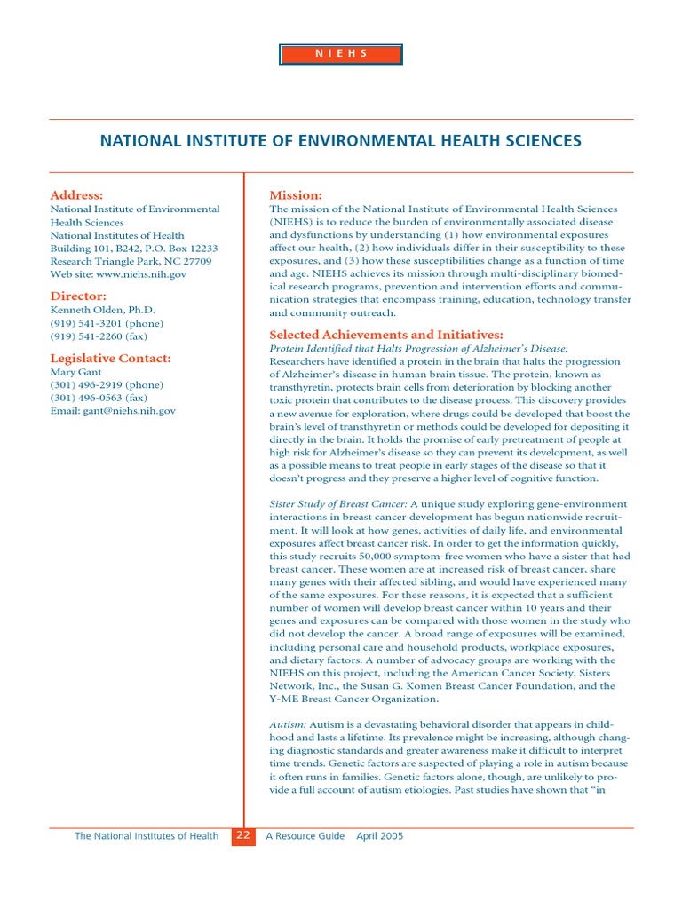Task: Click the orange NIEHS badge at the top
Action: [x=341, y=54]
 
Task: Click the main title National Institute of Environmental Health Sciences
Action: [x=341, y=141]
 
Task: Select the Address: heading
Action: [x=76, y=194]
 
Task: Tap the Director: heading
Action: [x=78, y=296]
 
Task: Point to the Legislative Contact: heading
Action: [x=110, y=358]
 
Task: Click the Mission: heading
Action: [x=295, y=194]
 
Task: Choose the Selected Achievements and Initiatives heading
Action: [x=385, y=335]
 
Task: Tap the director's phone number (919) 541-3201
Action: [x=107, y=323]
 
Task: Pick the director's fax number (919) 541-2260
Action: [x=99, y=336]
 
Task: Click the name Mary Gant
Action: [x=75, y=372]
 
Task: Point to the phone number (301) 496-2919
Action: [x=107, y=385]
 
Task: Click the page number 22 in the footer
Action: [x=243, y=836]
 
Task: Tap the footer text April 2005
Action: [x=380, y=836]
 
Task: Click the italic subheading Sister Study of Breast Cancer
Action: [x=337, y=503]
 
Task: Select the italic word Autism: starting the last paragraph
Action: [x=288, y=724]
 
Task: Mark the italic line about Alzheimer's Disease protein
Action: [x=418, y=349]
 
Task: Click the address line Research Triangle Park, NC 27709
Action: [x=131, y=262]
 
